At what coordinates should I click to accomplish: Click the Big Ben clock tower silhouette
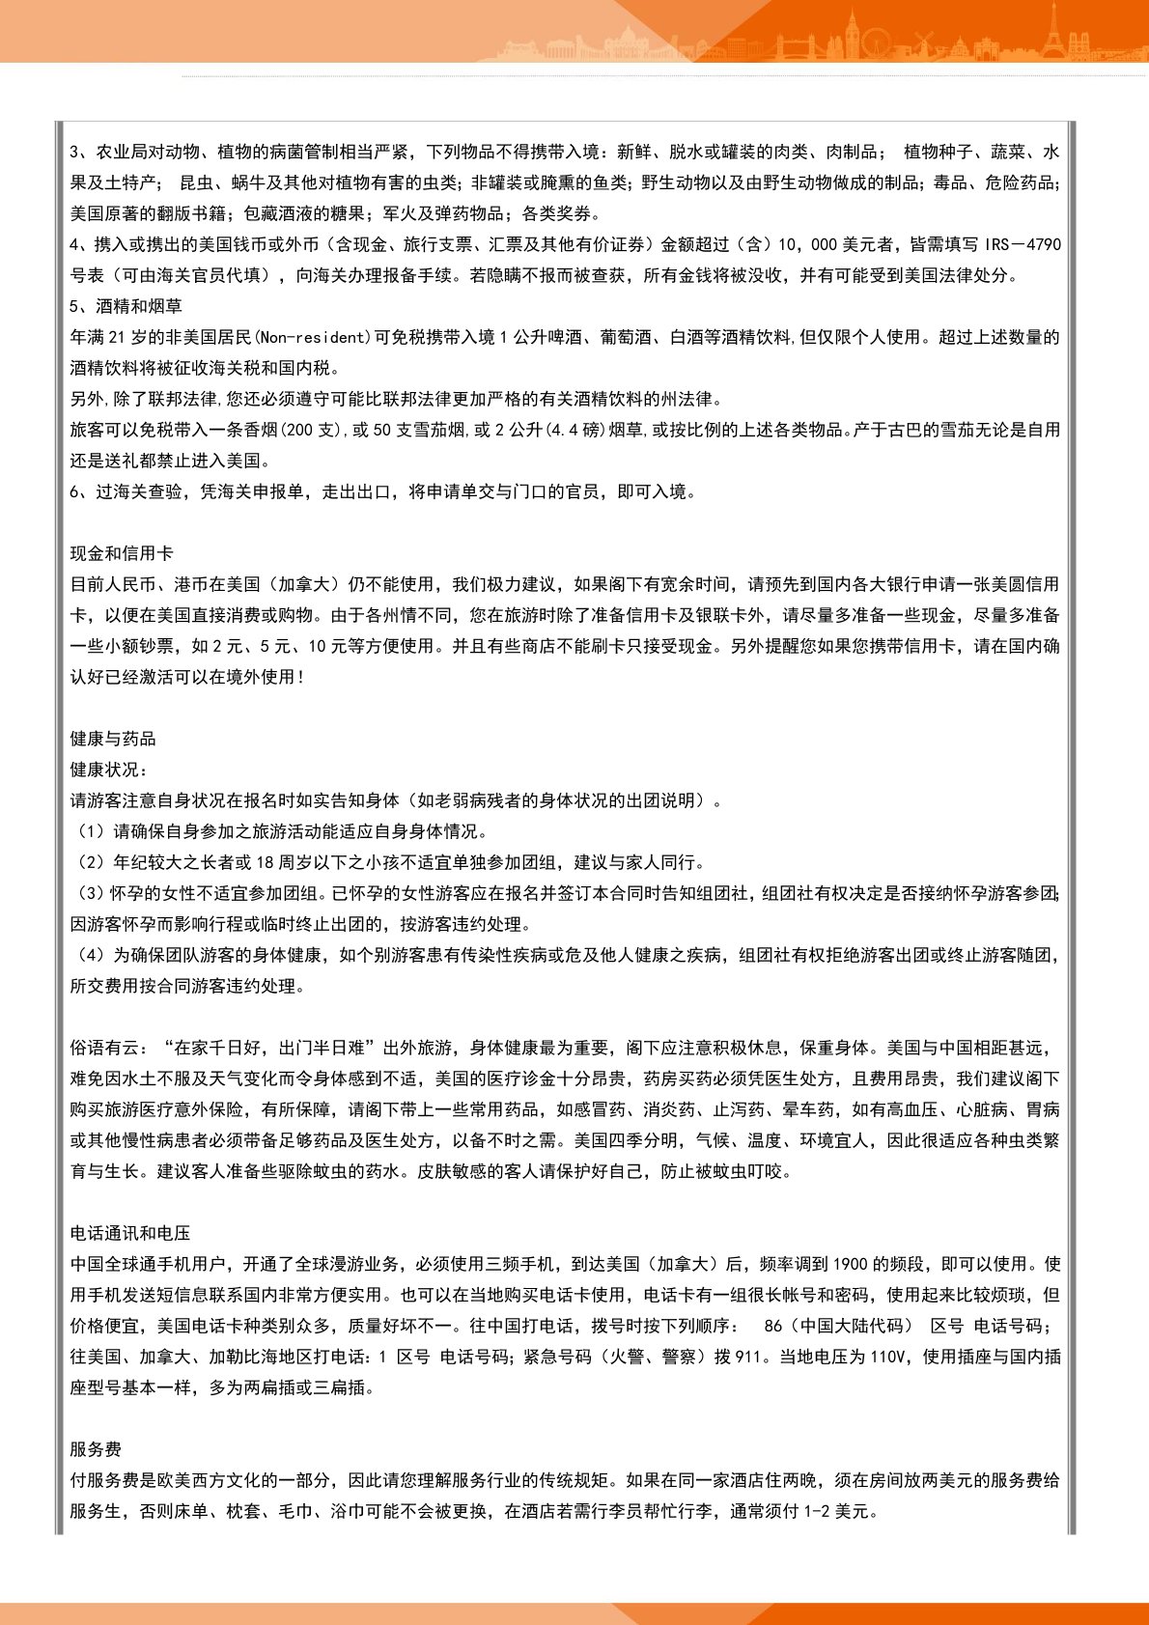tap(853, 34)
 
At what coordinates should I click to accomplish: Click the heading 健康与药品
tap(113, 739)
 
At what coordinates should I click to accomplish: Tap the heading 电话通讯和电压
tap(130, 1233)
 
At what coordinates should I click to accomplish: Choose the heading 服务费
tap(96, 1449)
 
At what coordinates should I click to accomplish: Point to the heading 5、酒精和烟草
tap(126, 306)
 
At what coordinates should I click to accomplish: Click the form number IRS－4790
tap(1023, 244)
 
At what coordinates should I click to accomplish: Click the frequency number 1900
tap(850, 1264)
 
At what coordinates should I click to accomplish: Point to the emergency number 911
tap(748, 1357)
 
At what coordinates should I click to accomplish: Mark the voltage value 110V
tap(889, 1357)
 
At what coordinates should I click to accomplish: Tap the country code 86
tap(772, 1326)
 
